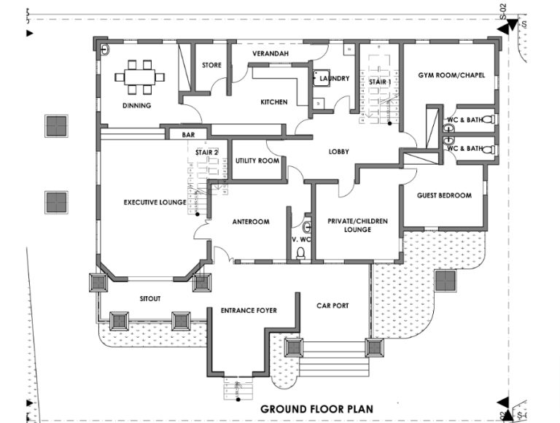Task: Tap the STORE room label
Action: tap(211, 66)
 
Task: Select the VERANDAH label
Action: tap(271, 54)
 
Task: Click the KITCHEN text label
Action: tap(274, 102)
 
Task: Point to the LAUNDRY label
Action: tap(335, 79)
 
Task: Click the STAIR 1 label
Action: tap(379, 82)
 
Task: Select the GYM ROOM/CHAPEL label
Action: tap(451, 75)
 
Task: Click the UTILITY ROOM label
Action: tap(257, 160)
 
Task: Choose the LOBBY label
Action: tap(338, 152)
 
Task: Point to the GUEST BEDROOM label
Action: tap(444, 195)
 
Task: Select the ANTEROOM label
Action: tap(251, 222)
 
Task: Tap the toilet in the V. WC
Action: tap(300, 253)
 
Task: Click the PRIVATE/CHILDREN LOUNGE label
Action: tap(357, 225)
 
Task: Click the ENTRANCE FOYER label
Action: tap(249, 311)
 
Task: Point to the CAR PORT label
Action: tap(332, 307)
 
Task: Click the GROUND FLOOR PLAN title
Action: tap(317, 409)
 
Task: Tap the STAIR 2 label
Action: tap(207, 152)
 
